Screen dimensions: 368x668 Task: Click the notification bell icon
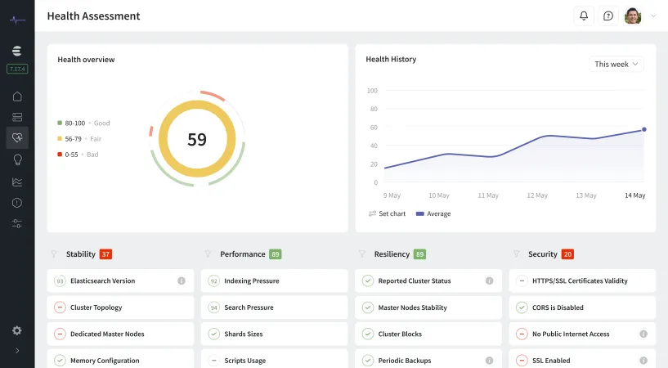point(583,16)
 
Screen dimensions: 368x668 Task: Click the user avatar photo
point(633,16)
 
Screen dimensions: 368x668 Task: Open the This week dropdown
point(616,64)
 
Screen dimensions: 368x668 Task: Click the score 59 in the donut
point(197,139)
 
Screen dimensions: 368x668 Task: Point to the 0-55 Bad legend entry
point(81,155)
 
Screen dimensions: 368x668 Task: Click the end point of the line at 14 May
point(643,129)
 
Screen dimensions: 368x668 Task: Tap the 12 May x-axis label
point(537,195)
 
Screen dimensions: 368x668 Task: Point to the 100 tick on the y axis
point(372,91)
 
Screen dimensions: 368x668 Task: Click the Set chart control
point(387,213)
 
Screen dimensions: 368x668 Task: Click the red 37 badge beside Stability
point(105,254)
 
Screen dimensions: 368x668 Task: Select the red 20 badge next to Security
point(567,254)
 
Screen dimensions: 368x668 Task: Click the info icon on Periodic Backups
point(489,361)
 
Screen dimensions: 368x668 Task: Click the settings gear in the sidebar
point(17,330)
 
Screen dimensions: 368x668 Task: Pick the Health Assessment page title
point(93,16)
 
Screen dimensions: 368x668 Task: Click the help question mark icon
point(607,16)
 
